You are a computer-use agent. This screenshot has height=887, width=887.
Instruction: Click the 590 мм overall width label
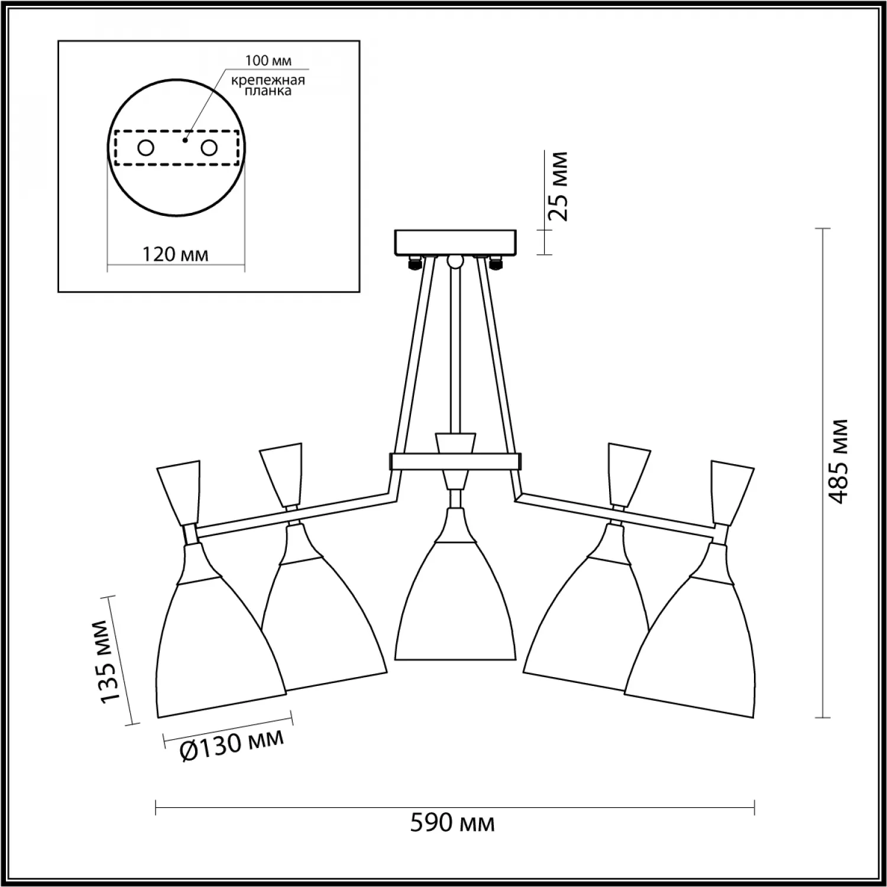click(x=452, y=823)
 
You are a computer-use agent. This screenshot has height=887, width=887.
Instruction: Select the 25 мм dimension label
click(x=558, y=186)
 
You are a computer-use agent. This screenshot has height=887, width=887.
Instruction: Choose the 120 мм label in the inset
click(x=175, y=254)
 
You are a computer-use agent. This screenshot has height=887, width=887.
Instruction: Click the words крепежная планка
click(x=268, y=85)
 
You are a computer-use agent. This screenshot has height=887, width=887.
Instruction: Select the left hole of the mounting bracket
click(x=145, y=148)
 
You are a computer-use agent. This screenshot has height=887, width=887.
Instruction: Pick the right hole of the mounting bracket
click(x=209, y=148)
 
